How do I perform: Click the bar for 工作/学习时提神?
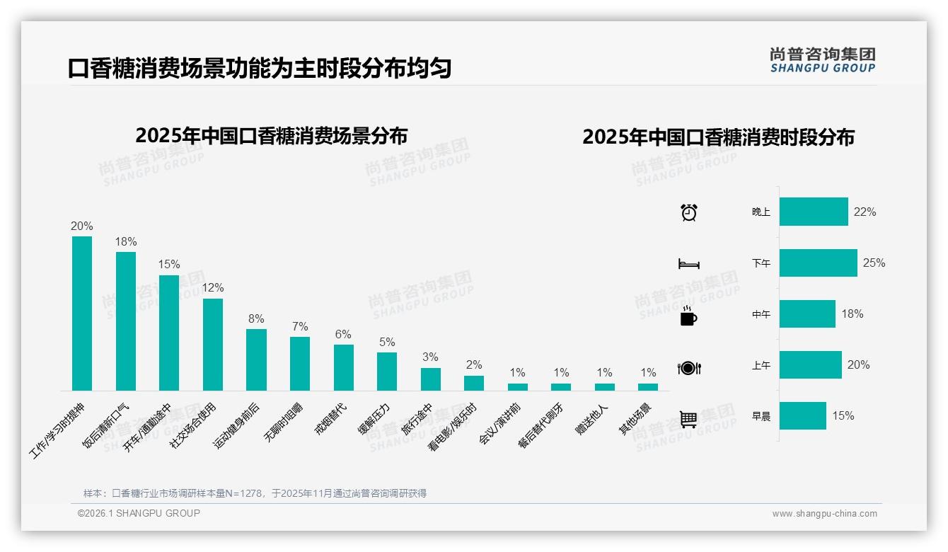point(82,313)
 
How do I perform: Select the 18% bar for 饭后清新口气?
point(126,321)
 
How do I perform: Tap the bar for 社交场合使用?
point(213,344)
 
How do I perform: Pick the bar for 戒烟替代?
point(344,367)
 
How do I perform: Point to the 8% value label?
point(256,319)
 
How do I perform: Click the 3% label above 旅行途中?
point(430,357)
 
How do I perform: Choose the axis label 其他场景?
point(635,419)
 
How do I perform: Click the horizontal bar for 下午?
point(818,263)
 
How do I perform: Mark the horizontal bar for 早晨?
point(802,415)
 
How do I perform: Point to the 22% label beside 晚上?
point(865,212)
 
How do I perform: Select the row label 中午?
point(761,314)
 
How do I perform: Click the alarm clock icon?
point(688,212)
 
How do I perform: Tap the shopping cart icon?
point(688,419)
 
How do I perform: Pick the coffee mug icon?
point(688,316)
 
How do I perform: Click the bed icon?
point(688,264)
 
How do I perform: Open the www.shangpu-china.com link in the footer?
point(824,514)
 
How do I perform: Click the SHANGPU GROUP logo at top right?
point(822,59)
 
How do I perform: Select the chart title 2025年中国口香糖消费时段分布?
point(718,137)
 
